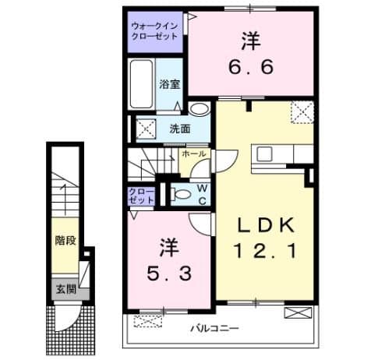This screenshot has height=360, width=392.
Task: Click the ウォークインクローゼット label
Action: coord(157,30)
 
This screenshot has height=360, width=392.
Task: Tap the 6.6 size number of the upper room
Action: coord(249,67)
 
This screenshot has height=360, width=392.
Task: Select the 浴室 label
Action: coord(170,85)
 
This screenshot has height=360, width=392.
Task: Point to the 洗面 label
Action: coord(179,129)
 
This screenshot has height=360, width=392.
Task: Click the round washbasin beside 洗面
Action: coord(200,110)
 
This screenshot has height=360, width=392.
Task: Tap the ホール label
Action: coord(194,154)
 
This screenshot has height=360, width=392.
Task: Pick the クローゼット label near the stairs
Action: coord(143,195)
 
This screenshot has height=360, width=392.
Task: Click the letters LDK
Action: coord(265,225)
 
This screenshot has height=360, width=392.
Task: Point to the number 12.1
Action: coord(265,251)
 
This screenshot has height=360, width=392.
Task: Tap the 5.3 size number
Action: coord(170,274)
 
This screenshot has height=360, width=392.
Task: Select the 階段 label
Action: coord(65,241)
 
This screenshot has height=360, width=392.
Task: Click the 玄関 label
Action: coord(65,289)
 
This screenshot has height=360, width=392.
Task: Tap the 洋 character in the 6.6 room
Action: coord(249,39)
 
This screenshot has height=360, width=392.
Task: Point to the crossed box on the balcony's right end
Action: coord(298,315)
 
